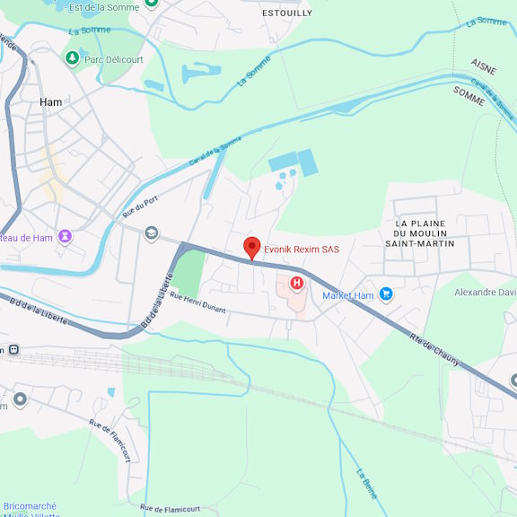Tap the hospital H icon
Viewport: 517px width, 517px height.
coord(296,283)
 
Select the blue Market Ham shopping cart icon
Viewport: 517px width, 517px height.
coord(386,294)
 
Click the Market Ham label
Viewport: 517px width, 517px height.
coord(347,295)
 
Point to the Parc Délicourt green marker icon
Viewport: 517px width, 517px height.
coord(72,58)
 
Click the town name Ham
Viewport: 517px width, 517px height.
coord(51,102)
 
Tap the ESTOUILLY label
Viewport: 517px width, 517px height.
coord(287,13)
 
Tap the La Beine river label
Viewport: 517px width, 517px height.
coord(367,484)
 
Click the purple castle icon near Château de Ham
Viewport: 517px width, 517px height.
coord(65,237)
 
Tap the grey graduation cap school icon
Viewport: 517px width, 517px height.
coord(151,233)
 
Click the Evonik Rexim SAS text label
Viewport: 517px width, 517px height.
coord(302,250)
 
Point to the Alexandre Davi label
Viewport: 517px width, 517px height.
coord(485,293)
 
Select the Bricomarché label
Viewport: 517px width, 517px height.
coord(31,506)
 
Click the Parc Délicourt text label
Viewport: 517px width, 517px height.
coord(114,59)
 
